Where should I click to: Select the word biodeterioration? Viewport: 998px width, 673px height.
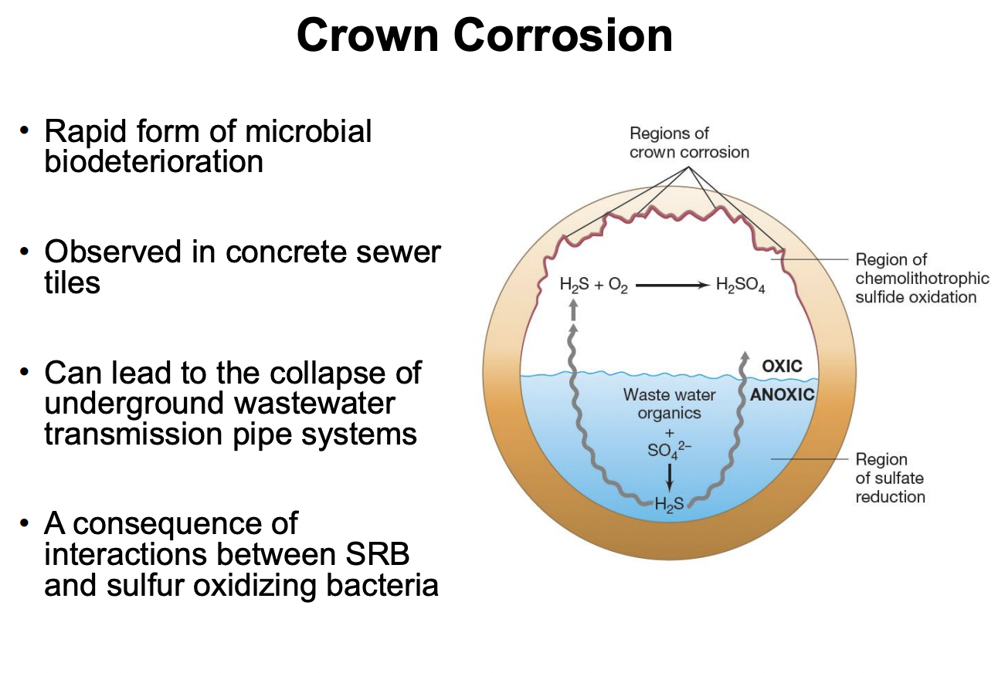point(154,162)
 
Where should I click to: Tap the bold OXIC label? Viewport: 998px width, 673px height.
point(782,366)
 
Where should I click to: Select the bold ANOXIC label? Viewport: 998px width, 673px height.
point(782,394)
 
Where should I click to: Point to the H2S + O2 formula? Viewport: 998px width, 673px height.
point(593,286)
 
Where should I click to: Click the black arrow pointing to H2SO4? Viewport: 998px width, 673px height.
point(671,286)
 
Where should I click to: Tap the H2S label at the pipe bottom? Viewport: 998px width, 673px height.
point(669,505)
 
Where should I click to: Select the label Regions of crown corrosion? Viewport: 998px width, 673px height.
point(688,143)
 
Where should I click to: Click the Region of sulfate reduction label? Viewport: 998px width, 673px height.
point(890,478)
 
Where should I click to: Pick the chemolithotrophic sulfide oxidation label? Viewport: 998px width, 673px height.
point(922,279)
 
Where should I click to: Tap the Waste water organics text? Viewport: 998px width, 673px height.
point(669,404)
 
